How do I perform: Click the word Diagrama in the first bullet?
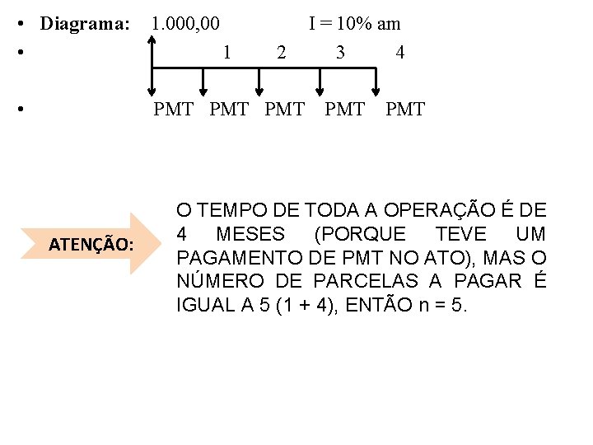pos(85,24)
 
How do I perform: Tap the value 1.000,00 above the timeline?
pos(185,24)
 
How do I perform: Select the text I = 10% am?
pos(354,24)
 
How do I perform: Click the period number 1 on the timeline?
pos(226,53)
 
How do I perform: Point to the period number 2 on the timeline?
pos(282,53)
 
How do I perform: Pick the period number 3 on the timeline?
pos(340,53)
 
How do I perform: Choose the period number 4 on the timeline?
pos(399,53)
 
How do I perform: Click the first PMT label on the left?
pos(174,110)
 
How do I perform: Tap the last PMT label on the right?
pos(405,110)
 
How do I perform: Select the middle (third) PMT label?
pos(285,110)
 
